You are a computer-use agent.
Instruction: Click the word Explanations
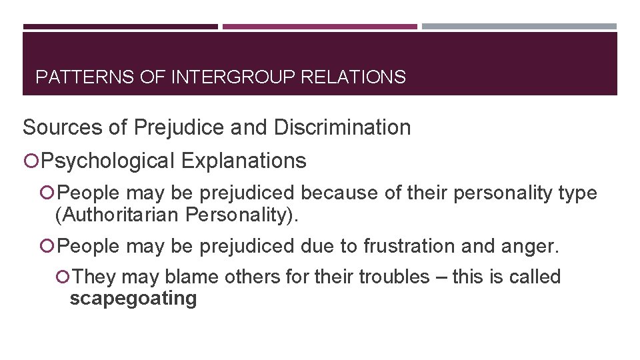tap(243, 161)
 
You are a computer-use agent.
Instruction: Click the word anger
tap(533, 247)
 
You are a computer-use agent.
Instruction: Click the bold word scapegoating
tap(133, 298)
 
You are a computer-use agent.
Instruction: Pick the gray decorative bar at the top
tap(519, 27)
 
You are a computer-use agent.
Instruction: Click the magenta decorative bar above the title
tap(319, 27)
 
